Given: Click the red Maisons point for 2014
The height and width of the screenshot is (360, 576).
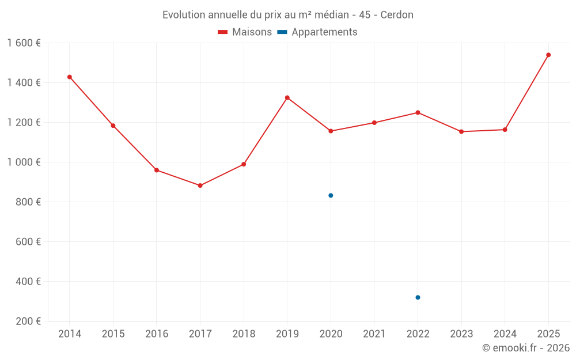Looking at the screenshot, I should point(70,77).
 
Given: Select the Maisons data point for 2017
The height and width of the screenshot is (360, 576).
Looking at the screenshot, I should point(200,185).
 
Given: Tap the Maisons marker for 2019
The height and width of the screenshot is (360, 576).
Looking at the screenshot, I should point(287,97).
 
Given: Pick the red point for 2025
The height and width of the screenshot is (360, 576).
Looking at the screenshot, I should point(548,55).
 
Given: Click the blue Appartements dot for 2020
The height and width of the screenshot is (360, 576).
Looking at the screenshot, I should point(331,195).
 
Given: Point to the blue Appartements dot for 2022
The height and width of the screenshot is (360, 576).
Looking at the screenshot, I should point(418,297).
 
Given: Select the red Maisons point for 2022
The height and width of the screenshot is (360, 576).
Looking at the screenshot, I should point(418,112).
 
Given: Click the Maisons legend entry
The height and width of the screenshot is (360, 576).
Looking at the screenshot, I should point(245,32).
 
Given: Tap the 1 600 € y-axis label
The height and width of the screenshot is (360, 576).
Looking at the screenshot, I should point(24,43).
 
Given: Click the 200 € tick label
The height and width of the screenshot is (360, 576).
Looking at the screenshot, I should point(28,321).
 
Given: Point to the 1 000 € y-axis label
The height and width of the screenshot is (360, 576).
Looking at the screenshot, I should point(24,162).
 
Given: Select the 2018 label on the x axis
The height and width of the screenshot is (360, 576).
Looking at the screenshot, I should point(244,334).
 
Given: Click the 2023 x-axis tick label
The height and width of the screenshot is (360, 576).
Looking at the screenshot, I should point(461,334).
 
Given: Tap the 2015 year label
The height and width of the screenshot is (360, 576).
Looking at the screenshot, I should point(113,334).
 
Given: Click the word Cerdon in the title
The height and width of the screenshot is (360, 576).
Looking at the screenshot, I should point(397,15).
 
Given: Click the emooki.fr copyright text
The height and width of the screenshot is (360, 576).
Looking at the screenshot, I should point(526,348).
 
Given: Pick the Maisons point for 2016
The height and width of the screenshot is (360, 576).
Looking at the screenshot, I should point(157,170).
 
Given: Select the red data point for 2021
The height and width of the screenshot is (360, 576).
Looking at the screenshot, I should point(374,123).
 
